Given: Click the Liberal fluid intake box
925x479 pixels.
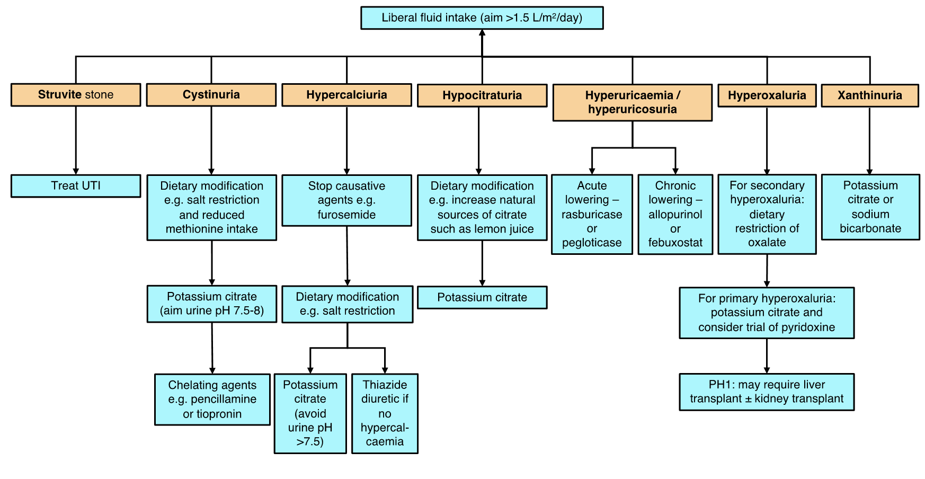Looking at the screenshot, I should [482, 18].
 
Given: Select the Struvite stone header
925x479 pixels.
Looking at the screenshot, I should [76, 95].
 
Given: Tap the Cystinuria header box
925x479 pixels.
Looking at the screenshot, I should [211, 95].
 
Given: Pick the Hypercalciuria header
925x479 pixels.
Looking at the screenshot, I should [346, 95].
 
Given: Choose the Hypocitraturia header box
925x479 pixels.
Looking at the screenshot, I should [482, 95].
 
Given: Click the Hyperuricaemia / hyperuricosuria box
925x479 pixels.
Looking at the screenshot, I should [632, 102].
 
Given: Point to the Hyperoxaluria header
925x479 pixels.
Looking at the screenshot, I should [767, 95].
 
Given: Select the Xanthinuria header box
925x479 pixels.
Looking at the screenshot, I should [869, 95].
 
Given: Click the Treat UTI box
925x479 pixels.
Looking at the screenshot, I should [76, 186].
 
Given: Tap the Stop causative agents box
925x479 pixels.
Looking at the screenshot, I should [346, 200].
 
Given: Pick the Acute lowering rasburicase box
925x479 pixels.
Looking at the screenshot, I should [592, 214].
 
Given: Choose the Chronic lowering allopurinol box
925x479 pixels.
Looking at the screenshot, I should [675, 214].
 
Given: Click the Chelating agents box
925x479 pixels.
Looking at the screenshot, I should [212, 400].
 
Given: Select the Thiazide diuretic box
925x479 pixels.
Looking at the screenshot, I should [385, 413].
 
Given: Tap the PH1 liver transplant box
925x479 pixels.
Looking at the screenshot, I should [767, 392].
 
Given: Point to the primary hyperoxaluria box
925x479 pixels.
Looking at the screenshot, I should [767, 313].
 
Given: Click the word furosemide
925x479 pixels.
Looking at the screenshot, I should [346, 215].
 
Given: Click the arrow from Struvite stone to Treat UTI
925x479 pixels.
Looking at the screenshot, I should [76, 140].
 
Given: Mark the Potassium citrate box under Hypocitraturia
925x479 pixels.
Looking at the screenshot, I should [482, 297].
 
